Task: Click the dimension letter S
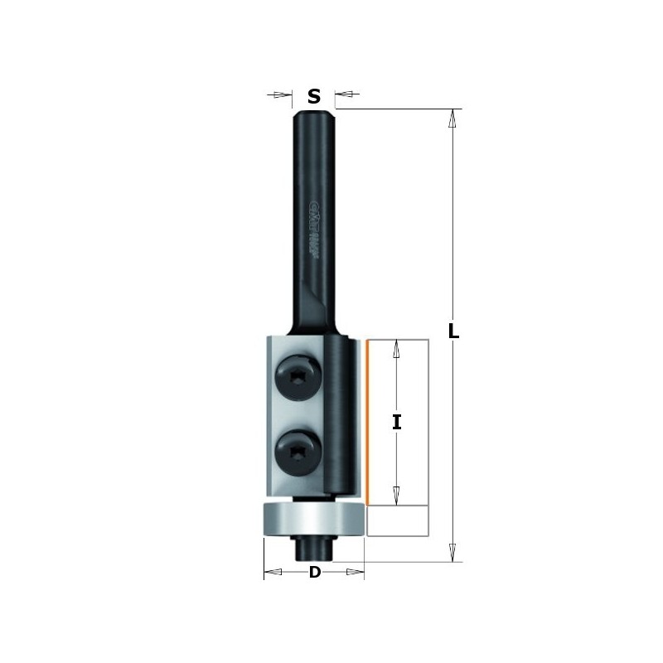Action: [x=314, y=96]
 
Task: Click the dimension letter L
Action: [x=452, y=331]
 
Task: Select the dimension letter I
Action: [x=397, y=423]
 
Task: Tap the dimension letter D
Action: [x=314, y=573]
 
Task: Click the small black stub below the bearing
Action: [x=313, y=548]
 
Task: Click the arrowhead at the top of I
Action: [x=397, y=349]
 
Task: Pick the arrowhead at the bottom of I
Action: [x=397, y=495]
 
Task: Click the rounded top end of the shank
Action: [x=314, y=112]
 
